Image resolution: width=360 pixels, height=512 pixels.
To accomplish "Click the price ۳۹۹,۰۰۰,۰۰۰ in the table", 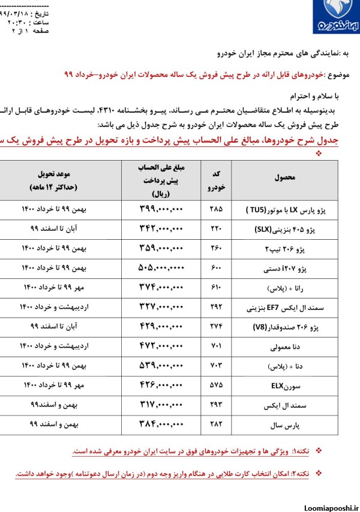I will [156, 211].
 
